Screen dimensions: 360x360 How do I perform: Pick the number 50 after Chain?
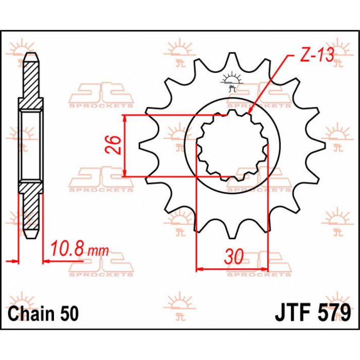(69, 314)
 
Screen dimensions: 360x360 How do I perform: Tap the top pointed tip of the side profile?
(31, 53)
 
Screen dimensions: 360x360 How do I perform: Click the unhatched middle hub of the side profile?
(31, 146)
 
